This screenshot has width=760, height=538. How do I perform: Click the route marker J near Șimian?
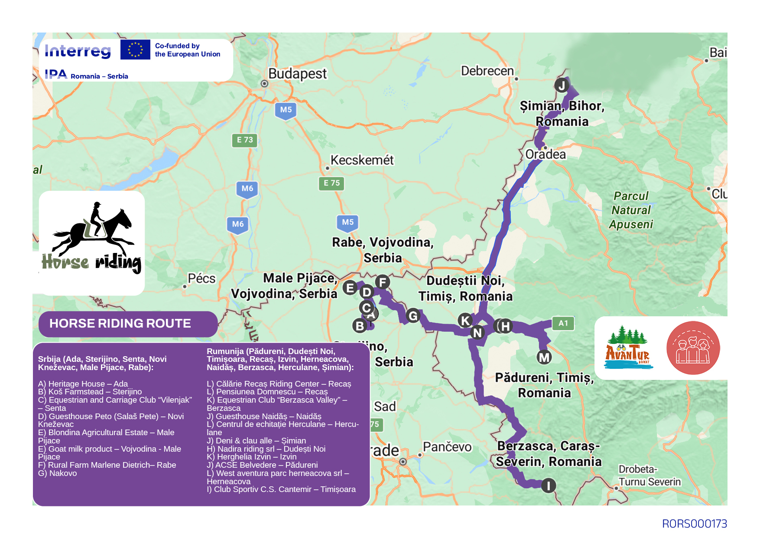tap(562, 85)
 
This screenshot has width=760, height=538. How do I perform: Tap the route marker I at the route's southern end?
tap(548, 486)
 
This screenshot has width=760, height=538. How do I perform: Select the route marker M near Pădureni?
tap(544, 358)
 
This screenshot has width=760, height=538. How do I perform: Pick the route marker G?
tap(413, 315)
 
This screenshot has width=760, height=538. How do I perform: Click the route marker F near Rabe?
tap(382, 282)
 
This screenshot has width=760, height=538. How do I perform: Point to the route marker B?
tap(360, 325)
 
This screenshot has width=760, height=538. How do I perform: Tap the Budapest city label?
tap(297, 74)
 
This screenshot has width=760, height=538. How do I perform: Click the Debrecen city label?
tap(487, 71)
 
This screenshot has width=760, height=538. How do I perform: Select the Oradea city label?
tap(545, 154)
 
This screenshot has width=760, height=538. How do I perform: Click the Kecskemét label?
tap(362, 160)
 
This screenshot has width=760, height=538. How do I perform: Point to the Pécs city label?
tap(201, 279)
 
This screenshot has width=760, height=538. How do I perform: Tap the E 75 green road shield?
tap(331, 183)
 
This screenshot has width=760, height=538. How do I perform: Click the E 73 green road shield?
tap(245, 140)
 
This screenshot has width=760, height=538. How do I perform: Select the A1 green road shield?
tap(563, 323)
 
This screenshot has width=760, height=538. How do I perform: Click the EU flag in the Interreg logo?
tap(135, 49)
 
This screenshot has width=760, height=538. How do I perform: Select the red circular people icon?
tap(693, 348)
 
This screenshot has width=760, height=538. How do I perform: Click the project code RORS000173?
tap(694, 524)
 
